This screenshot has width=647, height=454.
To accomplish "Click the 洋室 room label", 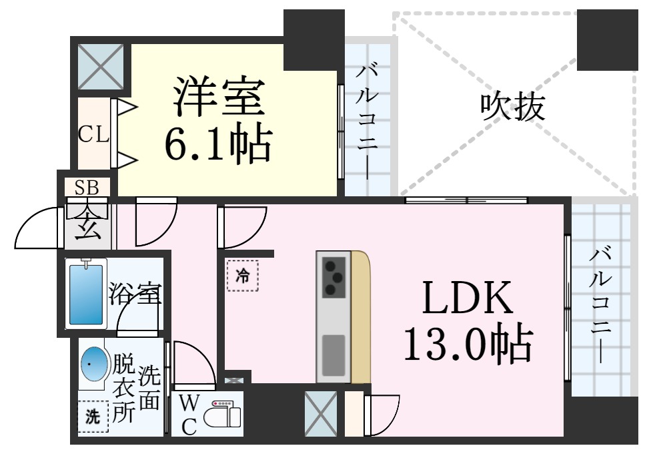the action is point(219,96).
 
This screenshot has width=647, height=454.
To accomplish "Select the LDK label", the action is point(467,297).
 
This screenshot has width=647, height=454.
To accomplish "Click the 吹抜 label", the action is point(512,106).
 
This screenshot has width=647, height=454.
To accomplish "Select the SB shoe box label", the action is point(87,188).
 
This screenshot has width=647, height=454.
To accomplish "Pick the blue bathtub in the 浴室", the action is point(86,294).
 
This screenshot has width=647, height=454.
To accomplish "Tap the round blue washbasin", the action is point(95,364).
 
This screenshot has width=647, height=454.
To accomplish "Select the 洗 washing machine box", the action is point(93,417).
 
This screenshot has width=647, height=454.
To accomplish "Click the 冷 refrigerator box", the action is point(243,276).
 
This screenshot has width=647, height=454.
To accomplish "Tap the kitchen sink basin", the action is point(334,356).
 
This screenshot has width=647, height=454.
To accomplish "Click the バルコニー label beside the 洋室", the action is point(367,122).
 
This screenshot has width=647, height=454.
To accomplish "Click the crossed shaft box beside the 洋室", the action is point(101,67).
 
